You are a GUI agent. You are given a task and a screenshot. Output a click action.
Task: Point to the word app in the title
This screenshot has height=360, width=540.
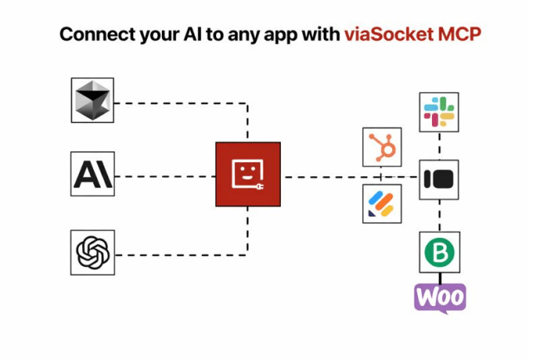tap(287, 35)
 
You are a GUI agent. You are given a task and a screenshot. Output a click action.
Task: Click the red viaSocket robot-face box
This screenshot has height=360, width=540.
tap(248, 175)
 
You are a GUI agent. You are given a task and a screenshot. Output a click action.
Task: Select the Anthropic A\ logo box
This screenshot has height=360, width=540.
tap(92, 175)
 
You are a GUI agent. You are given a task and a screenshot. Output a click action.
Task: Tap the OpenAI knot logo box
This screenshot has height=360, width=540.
tap(92, 252)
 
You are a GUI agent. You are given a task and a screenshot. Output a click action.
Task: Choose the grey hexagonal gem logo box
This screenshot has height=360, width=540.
tap(92, 100)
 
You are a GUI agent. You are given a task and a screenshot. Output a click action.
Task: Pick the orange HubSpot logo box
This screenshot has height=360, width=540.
tap(382, 148)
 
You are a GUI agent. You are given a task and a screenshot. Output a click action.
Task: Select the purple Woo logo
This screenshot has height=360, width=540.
tap(440, 298)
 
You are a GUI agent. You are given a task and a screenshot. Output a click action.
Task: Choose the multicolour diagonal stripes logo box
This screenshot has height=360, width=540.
tap(382, 204)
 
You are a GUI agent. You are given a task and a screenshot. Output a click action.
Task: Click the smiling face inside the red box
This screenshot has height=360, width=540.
tap(245, 172)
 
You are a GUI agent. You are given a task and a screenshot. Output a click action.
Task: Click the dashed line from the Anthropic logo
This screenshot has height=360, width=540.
tap(164, 176)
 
